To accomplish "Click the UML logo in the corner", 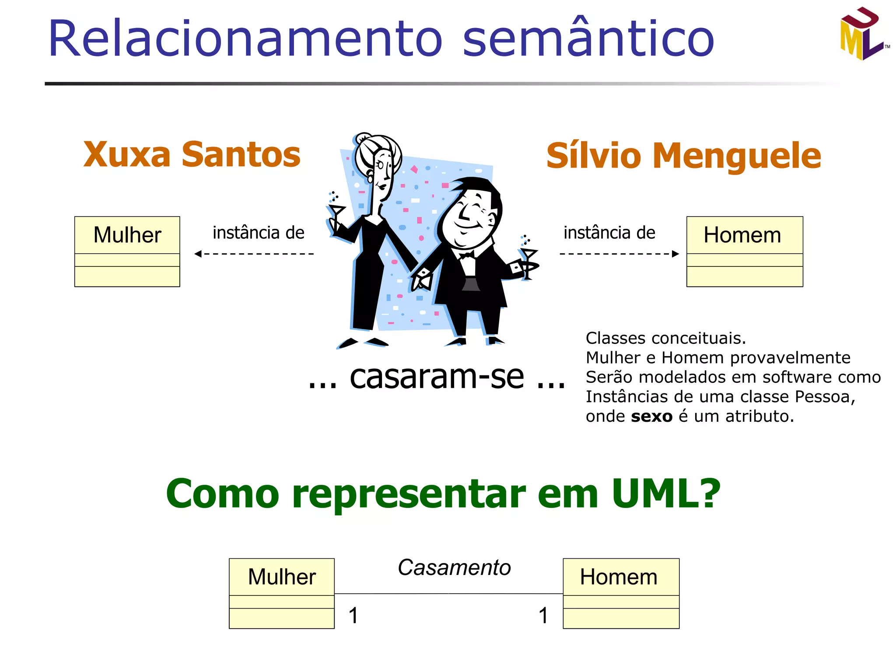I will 863,34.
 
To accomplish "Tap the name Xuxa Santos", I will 192,154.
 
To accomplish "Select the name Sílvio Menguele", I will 683,156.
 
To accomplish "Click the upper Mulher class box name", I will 127,235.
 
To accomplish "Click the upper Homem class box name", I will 742,235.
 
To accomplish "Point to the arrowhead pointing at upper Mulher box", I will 198,254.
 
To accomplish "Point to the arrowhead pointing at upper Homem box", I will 675,254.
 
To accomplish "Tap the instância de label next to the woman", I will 258,233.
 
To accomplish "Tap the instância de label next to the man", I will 609,233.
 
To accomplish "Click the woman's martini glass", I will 336,212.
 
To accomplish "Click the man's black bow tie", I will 466,255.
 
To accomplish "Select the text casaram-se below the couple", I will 437,377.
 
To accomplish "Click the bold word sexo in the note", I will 651,416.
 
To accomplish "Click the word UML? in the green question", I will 665,493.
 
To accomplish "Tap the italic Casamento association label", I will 454,568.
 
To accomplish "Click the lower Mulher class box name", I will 282,577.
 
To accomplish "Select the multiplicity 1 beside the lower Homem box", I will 543,616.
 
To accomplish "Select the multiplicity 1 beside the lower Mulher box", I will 353,616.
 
